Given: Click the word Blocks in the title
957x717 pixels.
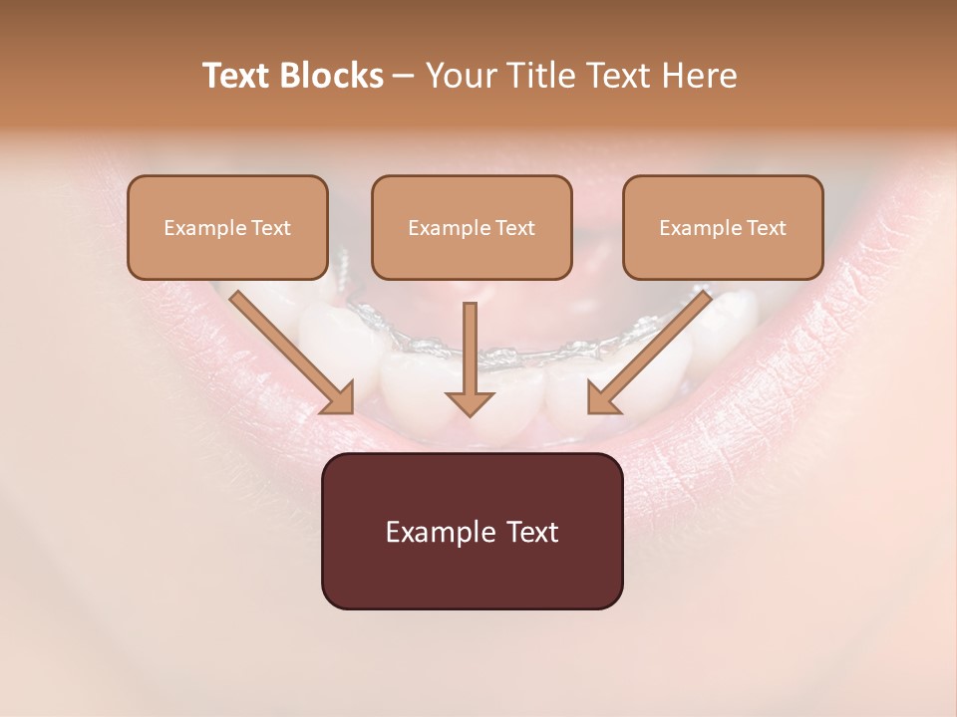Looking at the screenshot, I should (332, 76).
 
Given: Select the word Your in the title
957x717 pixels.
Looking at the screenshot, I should (457, 76).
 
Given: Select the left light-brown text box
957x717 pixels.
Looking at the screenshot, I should (227, 227).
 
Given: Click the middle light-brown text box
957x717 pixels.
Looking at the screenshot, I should (472, 227).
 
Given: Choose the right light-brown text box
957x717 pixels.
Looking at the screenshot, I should (723, 227).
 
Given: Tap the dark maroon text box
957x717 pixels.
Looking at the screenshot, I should (472, 531).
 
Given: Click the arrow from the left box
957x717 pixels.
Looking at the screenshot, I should (289, 351).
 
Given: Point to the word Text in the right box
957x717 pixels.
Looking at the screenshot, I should (766, 228).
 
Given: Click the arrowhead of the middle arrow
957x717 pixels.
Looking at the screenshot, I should (470, 402).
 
